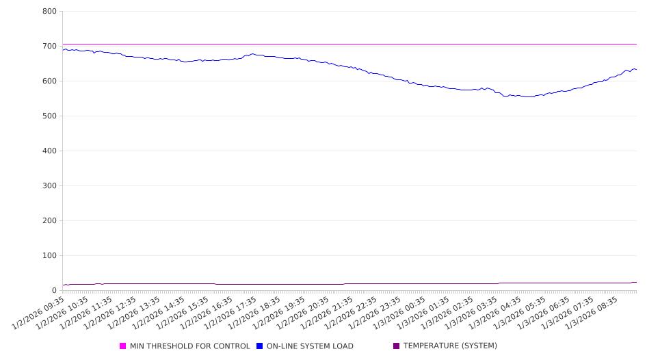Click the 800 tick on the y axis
49,11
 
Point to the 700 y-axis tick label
49,46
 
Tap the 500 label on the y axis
49,116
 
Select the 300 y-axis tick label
49,185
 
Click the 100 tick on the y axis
49,255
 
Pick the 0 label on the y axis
54,290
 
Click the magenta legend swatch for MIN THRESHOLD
123,346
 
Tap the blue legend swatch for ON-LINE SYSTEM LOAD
260,346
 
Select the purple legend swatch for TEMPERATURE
397,346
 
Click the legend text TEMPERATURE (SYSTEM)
450,346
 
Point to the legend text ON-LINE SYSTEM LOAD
310,346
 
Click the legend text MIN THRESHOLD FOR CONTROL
189,346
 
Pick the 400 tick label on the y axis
49,151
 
